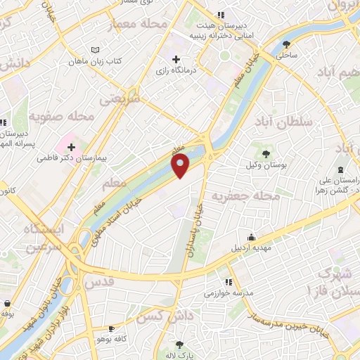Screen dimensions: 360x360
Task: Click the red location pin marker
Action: point(181,166)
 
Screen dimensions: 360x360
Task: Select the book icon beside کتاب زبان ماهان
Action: point(96,51)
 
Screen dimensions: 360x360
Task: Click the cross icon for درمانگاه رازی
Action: point(176,59)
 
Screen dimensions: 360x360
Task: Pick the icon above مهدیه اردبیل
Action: point(251,237)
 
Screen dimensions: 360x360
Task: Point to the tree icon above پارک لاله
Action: point(180,345)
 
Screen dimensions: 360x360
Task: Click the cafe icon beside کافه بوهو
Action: point(110,328)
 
